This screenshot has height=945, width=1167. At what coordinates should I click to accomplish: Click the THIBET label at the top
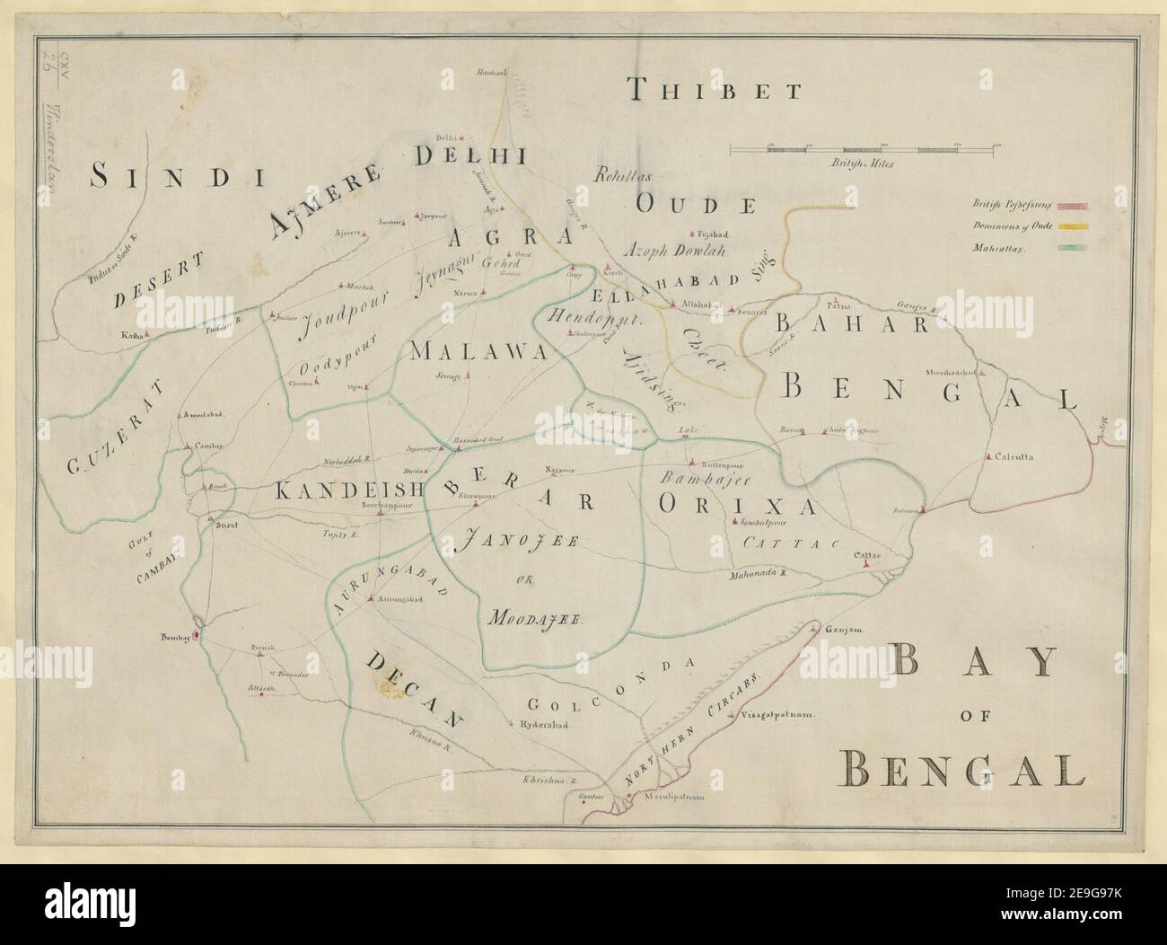pyautogui.click(x=714, y=89)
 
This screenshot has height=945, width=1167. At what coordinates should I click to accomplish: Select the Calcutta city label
pyautogui.click(x=1013, y=456)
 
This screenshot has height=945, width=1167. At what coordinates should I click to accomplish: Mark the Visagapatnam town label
pyautogui.click(x=777, y=716)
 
